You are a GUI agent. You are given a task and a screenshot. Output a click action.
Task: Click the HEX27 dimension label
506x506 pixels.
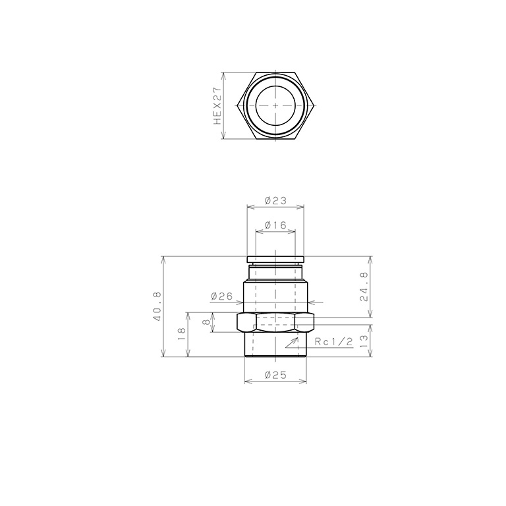[217, 106]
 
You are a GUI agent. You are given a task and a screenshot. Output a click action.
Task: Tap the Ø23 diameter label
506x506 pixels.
[275, 201]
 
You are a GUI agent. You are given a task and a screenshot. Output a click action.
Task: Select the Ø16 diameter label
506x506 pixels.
[275, 225]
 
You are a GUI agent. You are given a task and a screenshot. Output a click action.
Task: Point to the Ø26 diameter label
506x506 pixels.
[221, 296]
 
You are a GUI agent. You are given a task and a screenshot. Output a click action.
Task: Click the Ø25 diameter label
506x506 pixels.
[275, 375]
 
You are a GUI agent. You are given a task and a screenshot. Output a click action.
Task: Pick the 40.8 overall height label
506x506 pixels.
[158, 306]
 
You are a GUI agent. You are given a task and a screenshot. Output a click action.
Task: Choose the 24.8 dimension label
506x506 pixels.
[364, 287]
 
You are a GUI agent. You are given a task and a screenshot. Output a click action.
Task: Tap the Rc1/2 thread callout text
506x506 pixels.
[333, 342]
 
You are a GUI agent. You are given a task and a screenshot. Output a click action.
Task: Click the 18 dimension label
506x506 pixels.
[181, 334]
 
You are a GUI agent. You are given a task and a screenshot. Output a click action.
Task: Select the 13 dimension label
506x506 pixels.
[364, 341]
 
